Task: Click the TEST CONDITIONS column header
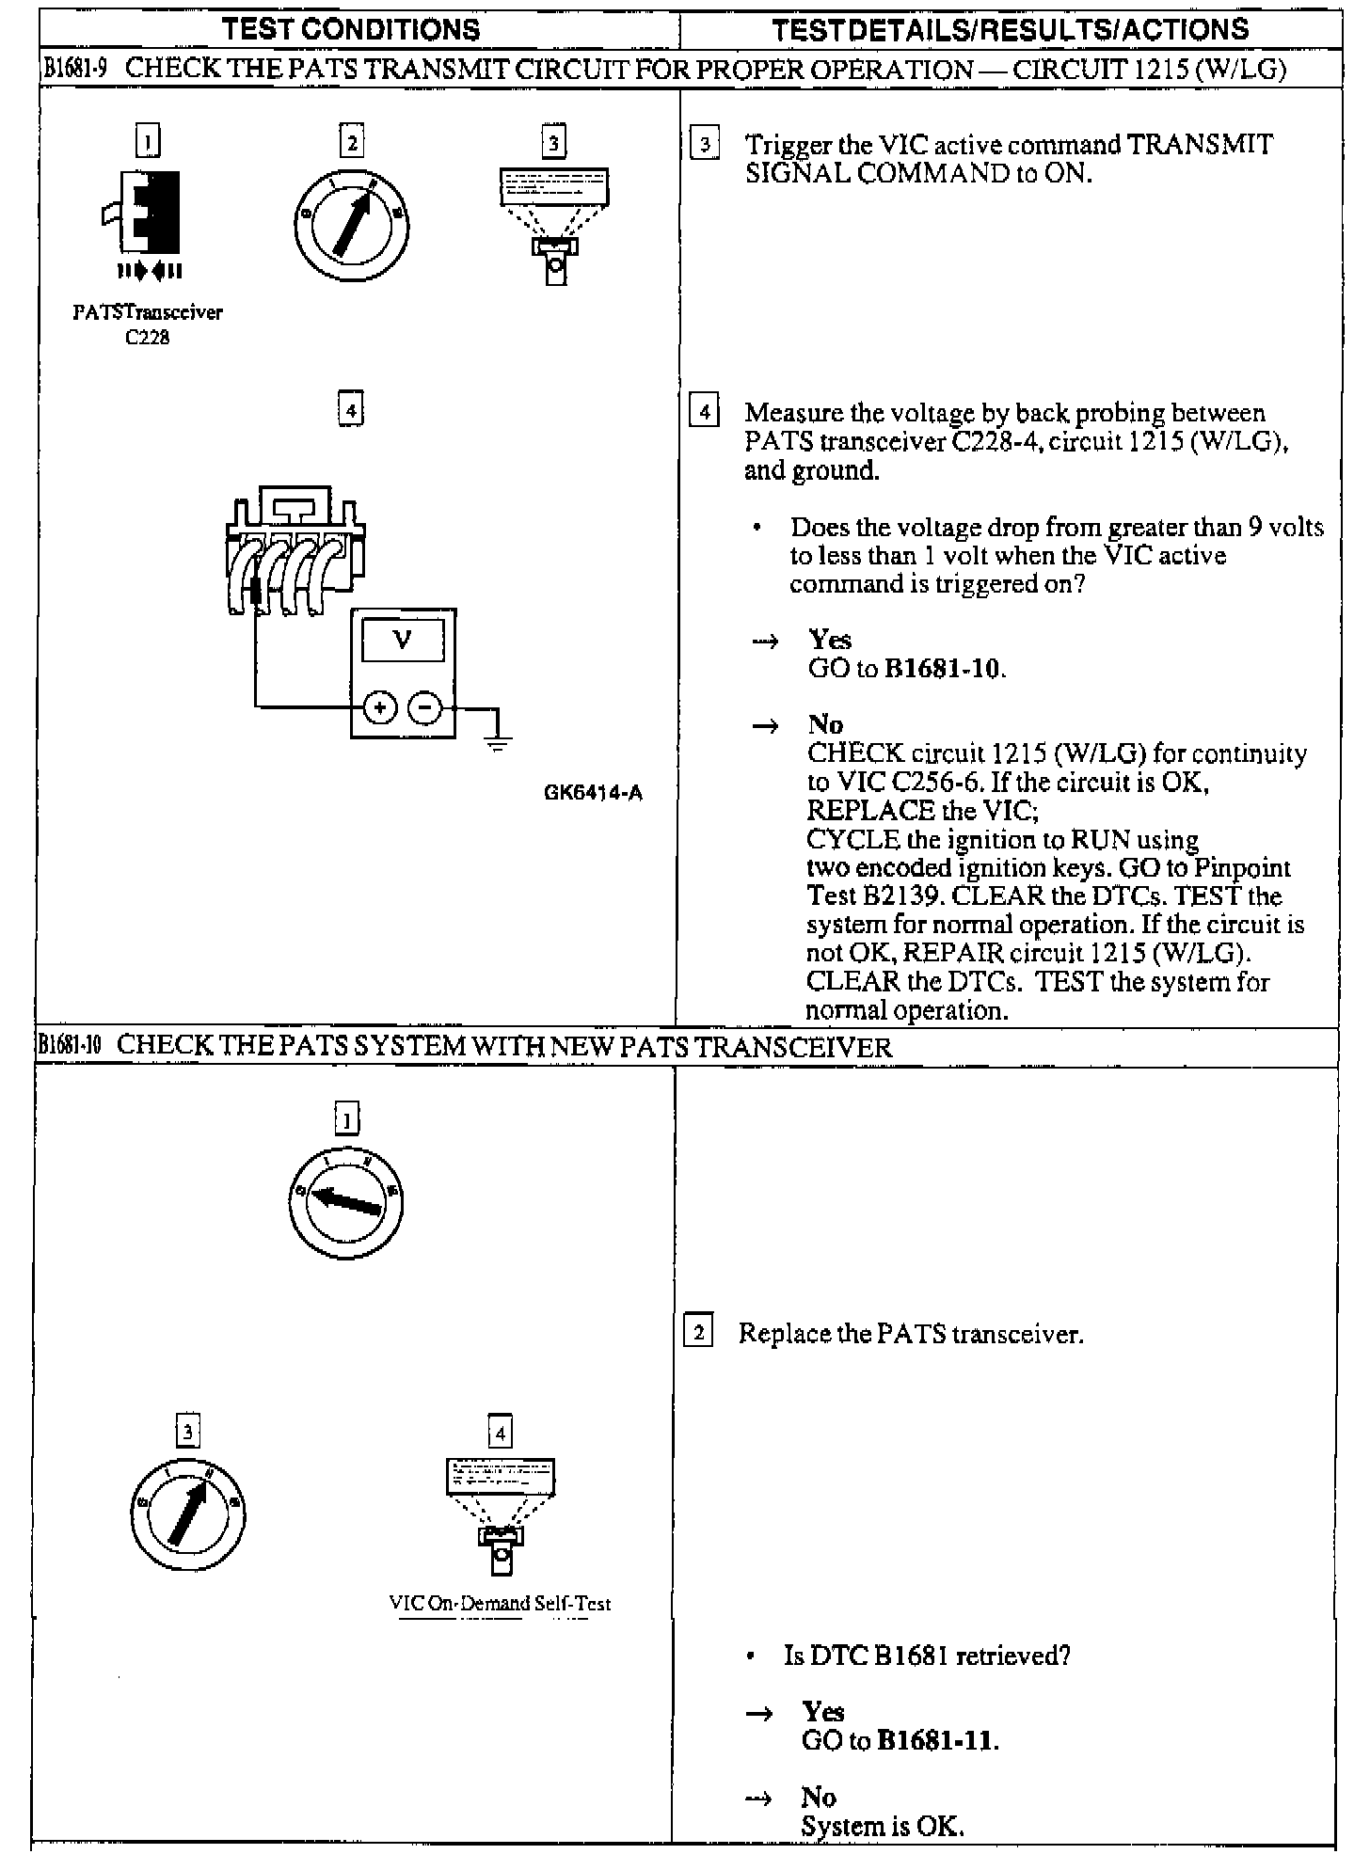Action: tap(351, 29)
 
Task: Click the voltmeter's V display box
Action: tap(403, 641)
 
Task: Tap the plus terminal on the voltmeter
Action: tap(380, 707)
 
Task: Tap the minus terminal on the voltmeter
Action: tap(425, 707)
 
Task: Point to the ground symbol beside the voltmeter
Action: tap(498, 743)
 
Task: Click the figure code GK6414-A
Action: tap(593, 793)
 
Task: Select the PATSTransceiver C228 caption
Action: tap(148, 325)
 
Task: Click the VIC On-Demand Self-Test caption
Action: tap(500, 1603)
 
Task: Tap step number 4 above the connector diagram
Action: tap(350, 410)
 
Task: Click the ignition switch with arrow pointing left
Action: tap(345, 1203)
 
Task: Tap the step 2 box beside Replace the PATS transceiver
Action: tap(697, 1332)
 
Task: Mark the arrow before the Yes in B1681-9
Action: tap(765, 642)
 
